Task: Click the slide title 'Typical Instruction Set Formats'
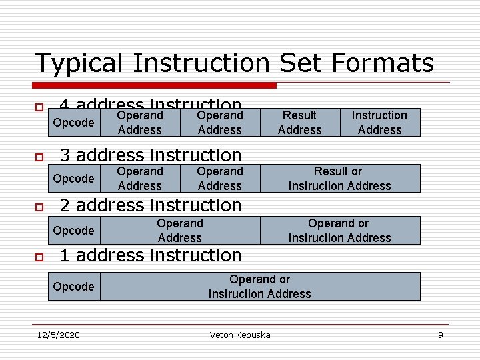point(234,63)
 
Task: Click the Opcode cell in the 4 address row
point(73,123)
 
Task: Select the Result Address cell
point(299,123)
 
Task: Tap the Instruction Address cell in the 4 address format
point(379,123)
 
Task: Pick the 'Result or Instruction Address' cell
point(339,179)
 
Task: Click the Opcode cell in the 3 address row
point(73,179)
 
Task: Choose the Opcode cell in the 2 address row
point(73,231)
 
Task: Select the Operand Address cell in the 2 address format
point(179,231)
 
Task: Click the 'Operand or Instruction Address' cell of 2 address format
point(339,231)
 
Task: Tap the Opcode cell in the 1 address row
point(73,287)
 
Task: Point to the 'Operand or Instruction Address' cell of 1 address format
point(259,287)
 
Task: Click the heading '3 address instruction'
point(151,155)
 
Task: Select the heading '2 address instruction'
point(151,205)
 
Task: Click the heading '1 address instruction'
point(151,255)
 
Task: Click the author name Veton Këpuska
point(240,335)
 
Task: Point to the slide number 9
point(440,335)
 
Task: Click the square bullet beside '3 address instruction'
point(39,157)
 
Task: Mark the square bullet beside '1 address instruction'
point(39,257)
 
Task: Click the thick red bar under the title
point(155,85)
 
